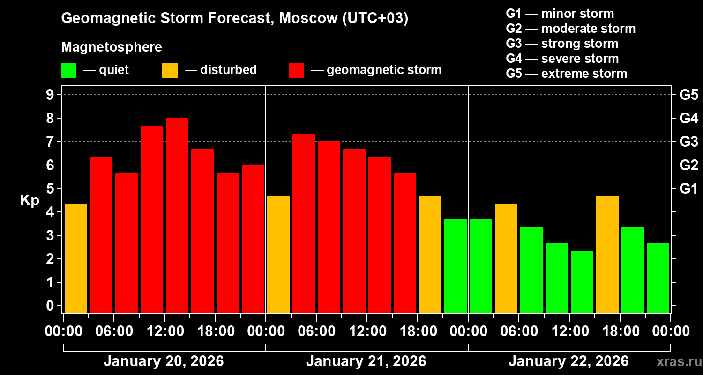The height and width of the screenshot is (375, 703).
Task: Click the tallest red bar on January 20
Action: tap(177, 216)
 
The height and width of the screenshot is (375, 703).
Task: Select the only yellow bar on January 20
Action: tap(76, 258)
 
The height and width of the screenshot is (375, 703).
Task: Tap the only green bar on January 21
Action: tap(456, 266)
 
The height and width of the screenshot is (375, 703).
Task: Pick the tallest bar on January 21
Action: tap(304, 223)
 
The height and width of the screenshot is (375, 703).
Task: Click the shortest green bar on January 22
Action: tap(582, 282)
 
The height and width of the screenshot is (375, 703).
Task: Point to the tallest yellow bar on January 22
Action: tap(607, 255)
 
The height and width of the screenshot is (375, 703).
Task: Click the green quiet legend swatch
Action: tap(68, 70)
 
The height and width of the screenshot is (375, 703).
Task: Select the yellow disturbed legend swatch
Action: tap(170, 70)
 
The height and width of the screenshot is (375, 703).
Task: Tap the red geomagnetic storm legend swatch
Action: tap(296, 70)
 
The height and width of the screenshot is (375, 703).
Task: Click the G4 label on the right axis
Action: tap(688, 118)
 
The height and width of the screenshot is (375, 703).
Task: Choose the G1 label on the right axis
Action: tap(688, 188)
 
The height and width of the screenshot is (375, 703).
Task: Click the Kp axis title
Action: tap(30, 200)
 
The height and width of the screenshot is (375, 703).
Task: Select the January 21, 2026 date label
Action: tap(366, 361)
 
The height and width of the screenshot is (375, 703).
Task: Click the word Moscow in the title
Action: tap(307, 18)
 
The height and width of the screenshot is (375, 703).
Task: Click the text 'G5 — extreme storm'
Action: tap(566, 74)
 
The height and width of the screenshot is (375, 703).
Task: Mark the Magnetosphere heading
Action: tap(112, 47)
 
